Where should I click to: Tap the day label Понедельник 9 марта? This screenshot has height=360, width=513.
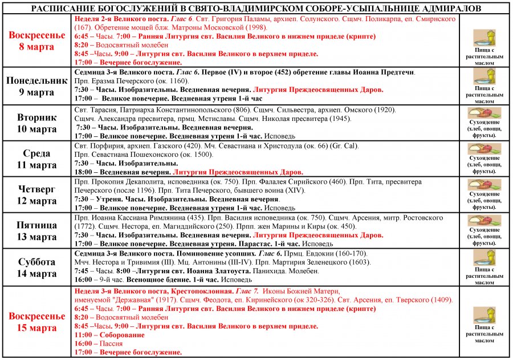[37, 86]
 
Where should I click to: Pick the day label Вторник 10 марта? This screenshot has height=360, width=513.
[37, 123]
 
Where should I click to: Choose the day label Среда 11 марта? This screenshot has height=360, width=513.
[37, 159]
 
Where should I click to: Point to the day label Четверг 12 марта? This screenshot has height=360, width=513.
[37, 195]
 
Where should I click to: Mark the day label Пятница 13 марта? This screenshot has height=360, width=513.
[37, 231]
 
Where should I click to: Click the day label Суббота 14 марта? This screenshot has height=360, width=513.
[37, 268]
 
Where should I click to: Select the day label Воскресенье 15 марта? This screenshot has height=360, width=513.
[37, 322]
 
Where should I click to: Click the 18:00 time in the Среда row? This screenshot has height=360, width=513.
[83, 171]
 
